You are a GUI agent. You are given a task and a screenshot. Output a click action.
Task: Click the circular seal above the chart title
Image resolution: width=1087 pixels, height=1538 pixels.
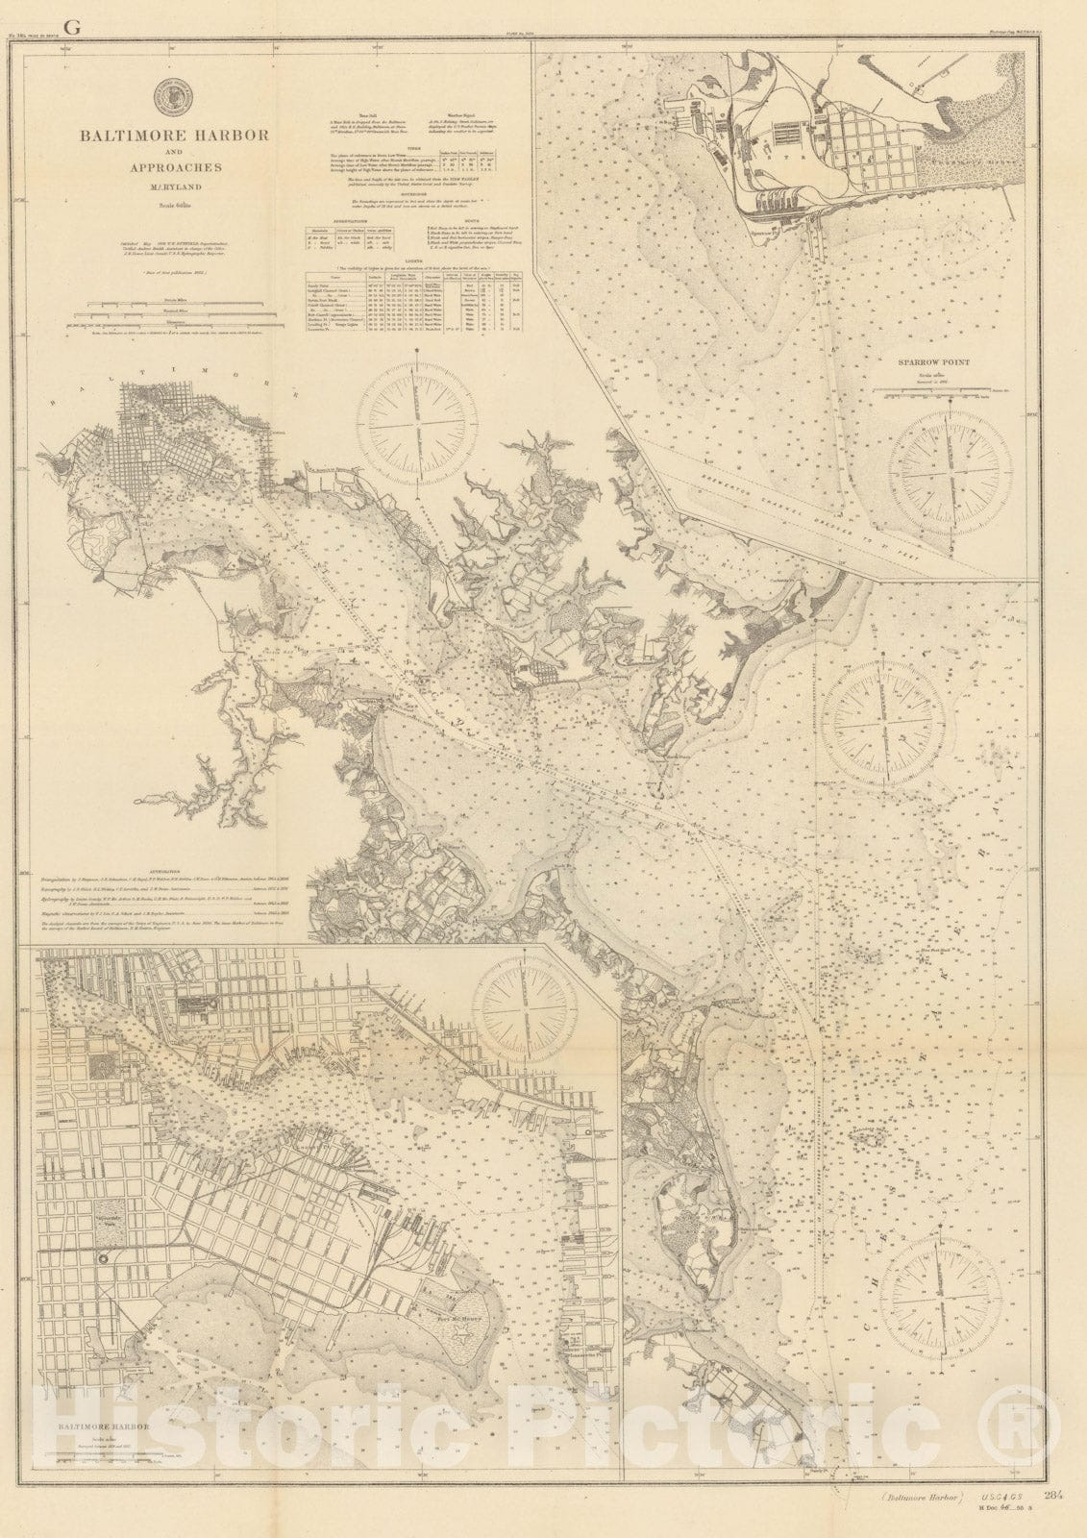173,95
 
